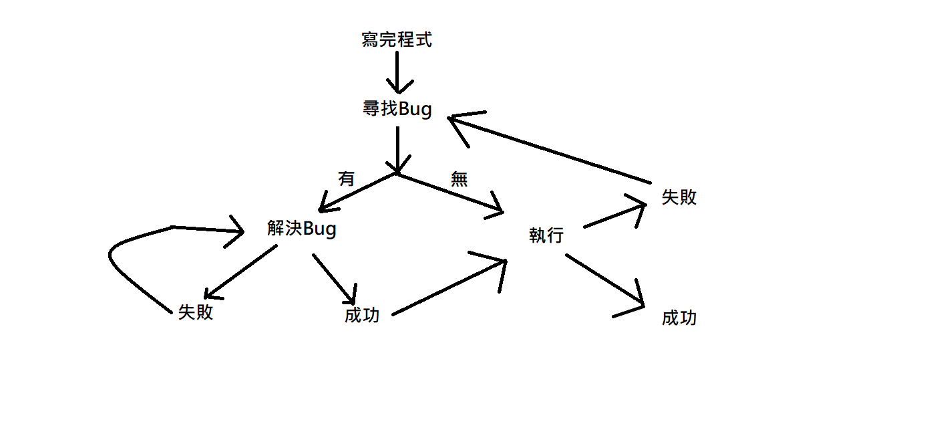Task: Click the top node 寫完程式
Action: (397, 40)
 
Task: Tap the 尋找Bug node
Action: (397, 109)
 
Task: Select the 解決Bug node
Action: (301, 229)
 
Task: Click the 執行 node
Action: (546, 235)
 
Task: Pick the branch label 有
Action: (347, 179)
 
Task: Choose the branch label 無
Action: (459, 179)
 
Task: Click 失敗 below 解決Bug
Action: (196, 312)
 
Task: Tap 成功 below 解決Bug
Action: (362, 316)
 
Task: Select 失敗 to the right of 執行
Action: (679, 197)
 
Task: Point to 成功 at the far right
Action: (679, 318)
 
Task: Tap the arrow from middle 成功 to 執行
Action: (447, 288)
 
